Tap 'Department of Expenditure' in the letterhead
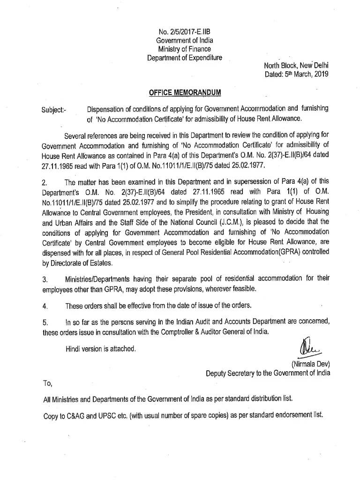(184, 58)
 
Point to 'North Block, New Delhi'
(297, 66)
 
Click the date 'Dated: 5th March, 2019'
(297, 74)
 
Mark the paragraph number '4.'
(45, 307)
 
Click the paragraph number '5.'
(45, 323)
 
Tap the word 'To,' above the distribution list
(47, 383)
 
